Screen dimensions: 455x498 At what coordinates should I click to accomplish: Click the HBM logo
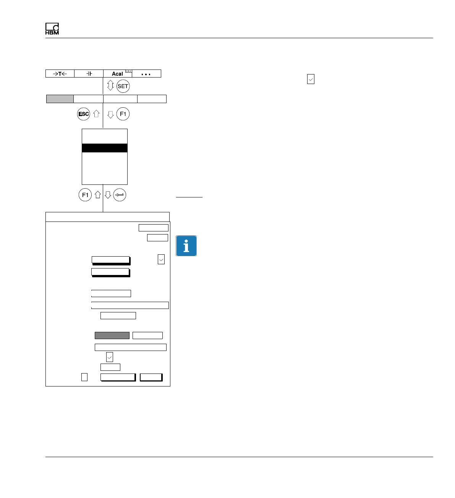(x=52, y=29)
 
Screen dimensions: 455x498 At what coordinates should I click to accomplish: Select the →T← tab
(x=60, y=74)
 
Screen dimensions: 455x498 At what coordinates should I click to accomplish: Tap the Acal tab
(x=118, y=74)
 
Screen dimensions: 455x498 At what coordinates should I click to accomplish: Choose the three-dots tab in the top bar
(x=146, y=74)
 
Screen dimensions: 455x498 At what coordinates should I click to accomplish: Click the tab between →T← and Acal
(x=89, y=74)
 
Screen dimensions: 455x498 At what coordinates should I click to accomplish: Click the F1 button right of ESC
(x=123, y=114)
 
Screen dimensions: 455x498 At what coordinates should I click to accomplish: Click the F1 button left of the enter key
(x=85, y=195)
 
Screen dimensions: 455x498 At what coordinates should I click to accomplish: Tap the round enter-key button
(x=120, y=195)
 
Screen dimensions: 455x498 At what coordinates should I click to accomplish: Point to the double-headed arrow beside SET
(x=110, y=86)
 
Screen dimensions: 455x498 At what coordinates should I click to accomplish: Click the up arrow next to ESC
(x=96, y=114)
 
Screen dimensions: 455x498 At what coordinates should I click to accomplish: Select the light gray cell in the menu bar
(x=60, y=99)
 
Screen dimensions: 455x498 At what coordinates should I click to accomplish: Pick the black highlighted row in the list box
(x=105, y=148)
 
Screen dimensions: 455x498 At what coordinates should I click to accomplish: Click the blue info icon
(x=186, y=246)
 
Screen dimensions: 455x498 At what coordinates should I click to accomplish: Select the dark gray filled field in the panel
(x=112, y=335)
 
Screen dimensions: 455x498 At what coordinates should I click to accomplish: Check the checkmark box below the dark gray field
(x=110, y=357)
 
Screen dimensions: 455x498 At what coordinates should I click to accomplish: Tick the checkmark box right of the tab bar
(x=311, y=79)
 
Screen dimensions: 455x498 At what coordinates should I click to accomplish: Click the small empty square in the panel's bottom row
(x=84, y=377)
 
